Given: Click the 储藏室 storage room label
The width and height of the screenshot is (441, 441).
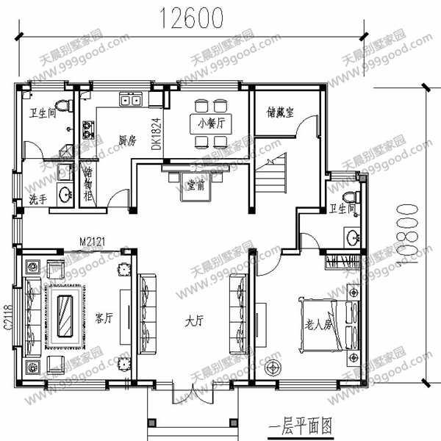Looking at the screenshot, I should click(x=279, y=112).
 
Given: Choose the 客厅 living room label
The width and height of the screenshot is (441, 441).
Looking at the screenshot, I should click(x=104, y=319).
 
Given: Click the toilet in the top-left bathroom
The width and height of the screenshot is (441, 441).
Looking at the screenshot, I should click(x=62, y=106).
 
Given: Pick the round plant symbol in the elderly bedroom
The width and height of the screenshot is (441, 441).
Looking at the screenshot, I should click(x=274, y=367).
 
